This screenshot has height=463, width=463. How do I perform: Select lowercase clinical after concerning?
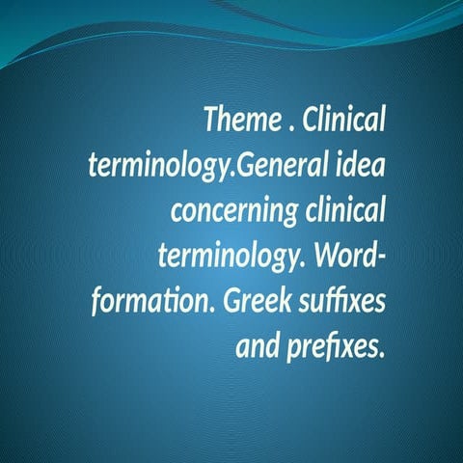pyautogui.click(x=339, y=210)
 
